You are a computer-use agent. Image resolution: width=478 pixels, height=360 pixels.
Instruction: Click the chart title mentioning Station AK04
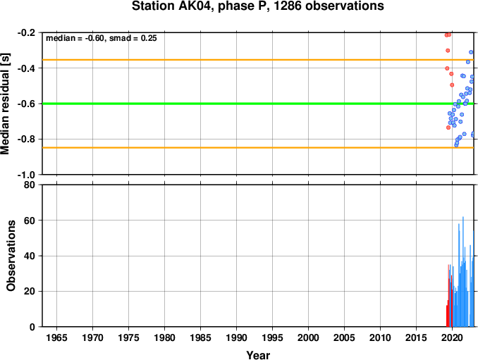click(257, 6)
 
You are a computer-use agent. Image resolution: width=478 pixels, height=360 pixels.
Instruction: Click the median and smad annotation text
click(102, 38)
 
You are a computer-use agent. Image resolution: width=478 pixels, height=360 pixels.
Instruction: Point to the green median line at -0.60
click(258, 104)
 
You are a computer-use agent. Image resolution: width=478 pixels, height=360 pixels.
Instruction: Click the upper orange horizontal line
click(258, 60)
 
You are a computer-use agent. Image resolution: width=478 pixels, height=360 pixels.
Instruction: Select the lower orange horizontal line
click(258, 148)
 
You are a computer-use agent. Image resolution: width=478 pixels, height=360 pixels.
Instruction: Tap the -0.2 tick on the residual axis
click(26, 32)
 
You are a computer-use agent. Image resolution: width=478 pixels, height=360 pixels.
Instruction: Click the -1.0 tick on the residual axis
click(26, 175)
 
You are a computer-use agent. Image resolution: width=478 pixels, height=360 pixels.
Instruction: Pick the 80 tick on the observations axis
click(30, 185)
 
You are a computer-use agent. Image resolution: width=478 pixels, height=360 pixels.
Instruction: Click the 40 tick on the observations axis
click(30, 256)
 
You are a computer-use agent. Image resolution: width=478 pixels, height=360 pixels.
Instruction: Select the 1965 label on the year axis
click(56, 337)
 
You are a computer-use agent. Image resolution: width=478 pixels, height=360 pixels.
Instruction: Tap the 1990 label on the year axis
click(237, 337)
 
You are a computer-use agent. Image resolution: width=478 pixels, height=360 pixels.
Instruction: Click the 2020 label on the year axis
click(453, 337)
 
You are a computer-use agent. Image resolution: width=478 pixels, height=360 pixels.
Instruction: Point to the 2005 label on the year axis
click(345, 337)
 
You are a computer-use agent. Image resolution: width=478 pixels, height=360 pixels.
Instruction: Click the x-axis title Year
click(258, 355)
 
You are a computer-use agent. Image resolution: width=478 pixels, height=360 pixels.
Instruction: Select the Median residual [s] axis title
click(5, 104)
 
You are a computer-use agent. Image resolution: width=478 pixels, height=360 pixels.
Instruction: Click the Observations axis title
click(11, 256)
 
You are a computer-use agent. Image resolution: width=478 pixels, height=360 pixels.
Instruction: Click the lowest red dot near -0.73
click(448, 128)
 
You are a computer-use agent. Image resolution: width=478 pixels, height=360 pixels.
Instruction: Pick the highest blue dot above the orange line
click(471, 52)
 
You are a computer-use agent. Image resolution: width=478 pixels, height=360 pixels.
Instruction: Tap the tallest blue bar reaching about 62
click(463, 272)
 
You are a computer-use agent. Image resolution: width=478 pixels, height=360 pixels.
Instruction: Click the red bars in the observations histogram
click(449, 296)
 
